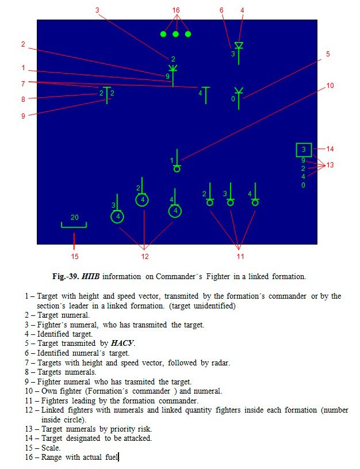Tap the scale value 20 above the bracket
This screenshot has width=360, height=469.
(x=74, y=218)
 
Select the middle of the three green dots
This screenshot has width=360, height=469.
(x=175, y=34)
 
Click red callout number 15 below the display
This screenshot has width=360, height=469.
(x=74, y=256)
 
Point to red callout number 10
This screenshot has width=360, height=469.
(x=330, y=86)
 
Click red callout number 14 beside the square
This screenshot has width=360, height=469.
(x=330, y=149)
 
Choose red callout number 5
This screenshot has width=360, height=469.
(x=327, y=54)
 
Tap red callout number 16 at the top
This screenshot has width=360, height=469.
(x=176, y=10)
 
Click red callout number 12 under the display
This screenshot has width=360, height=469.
(x=145, y=256)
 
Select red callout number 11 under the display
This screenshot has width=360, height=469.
(x=240, y=256)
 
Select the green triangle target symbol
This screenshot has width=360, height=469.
(x=239, y=45)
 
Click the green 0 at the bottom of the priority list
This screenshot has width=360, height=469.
(x=303, y=185)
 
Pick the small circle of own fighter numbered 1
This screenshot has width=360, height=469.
(x=177, y=169)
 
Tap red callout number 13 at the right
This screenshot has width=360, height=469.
(x=330, y=165)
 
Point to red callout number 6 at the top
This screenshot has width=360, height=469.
(x=221, y=10)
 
